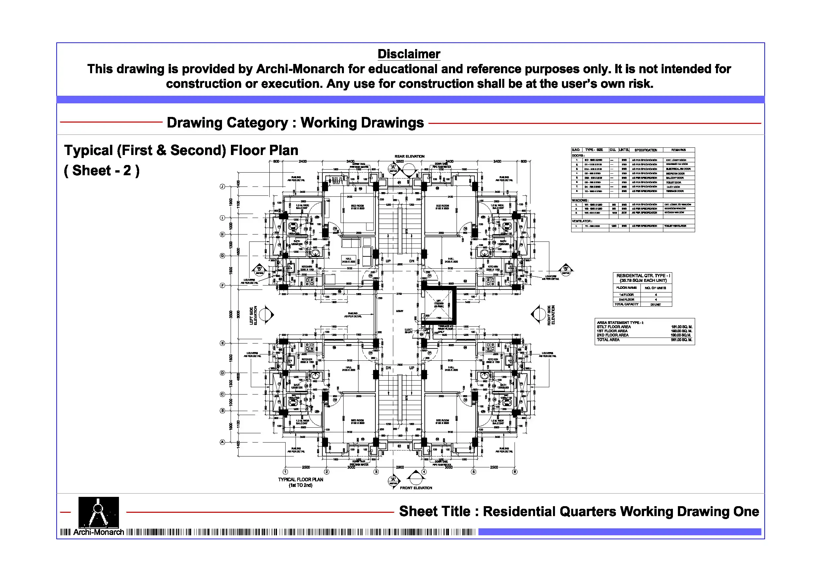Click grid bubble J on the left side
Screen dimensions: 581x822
coord(222,186)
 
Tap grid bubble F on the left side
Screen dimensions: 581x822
coord(222,286)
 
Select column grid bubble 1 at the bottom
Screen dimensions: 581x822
coord(285,472)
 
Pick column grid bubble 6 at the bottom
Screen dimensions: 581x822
coord(515,472)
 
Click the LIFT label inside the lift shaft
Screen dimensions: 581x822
coord(439,301)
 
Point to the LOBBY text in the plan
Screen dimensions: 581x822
coord(400,311)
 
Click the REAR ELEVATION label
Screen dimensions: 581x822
coord(410,156)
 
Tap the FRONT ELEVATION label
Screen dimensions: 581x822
coord(416,488)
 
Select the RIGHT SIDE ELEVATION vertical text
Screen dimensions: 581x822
coord(551,315)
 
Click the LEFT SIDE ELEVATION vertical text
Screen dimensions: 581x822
coord(253,315)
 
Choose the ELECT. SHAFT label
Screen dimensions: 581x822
coord(409,331)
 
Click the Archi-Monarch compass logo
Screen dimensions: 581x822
coord(98,512)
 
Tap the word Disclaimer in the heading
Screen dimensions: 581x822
coord(409,54)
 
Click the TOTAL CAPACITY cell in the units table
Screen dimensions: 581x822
coord(627,304)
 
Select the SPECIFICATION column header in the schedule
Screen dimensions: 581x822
coord(646,150)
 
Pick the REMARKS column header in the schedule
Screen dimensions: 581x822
coord(679,150)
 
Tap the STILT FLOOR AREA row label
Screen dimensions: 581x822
coord(614,327)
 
